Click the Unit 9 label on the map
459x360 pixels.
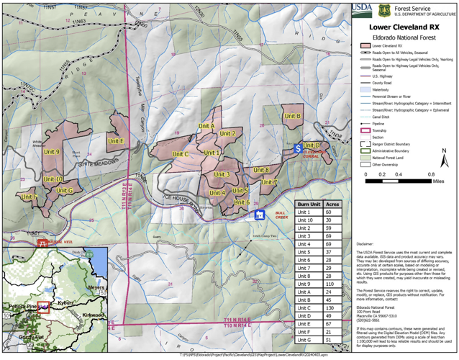(51, 152)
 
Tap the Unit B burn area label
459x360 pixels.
(291, 115)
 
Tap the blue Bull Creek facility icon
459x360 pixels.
(262, 215)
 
